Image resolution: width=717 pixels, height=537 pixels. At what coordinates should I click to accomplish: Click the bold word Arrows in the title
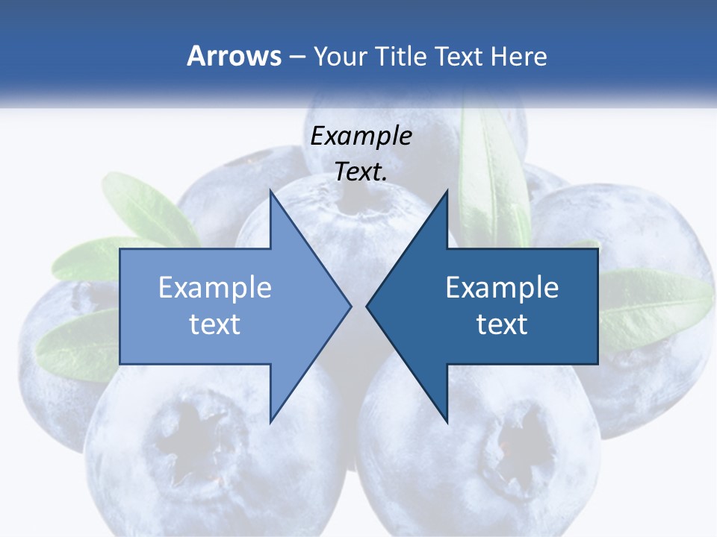(x=234, y=56)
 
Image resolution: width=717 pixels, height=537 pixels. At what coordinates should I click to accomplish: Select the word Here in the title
(x=518, y=56)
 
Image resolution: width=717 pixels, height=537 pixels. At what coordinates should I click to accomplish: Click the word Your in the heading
(x=340, y=56)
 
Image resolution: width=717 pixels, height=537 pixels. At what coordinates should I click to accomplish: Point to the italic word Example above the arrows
(x=361, y=136)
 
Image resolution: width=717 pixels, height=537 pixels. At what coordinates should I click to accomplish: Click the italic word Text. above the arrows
(x=361, y=172)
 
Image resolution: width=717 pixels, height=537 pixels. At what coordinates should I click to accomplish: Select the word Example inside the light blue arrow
(x=215, y=288)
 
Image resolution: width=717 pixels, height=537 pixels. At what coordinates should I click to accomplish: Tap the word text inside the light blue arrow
(x=215, y=324)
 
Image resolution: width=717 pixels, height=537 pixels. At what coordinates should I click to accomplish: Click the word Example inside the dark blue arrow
(x=502, y=288)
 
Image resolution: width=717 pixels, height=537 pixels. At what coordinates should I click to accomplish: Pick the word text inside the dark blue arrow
(x=502, y=324)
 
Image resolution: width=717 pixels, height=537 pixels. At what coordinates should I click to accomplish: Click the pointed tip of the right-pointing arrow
(x=350, y=305)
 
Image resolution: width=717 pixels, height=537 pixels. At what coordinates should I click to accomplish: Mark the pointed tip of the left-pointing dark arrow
(x=367, y=305)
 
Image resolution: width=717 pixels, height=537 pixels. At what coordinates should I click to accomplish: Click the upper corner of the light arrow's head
(x=270, y=191)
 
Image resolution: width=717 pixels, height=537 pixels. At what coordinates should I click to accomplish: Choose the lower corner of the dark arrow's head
(x=447, y=421)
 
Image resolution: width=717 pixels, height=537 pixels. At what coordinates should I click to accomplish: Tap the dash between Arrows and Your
(x=297, y=57)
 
